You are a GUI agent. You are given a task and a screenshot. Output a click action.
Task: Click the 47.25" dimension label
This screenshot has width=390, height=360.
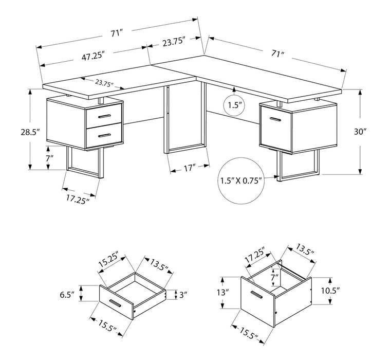[93, 57]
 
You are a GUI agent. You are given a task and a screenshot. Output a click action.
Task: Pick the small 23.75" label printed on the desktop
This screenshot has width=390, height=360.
[104, 83]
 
